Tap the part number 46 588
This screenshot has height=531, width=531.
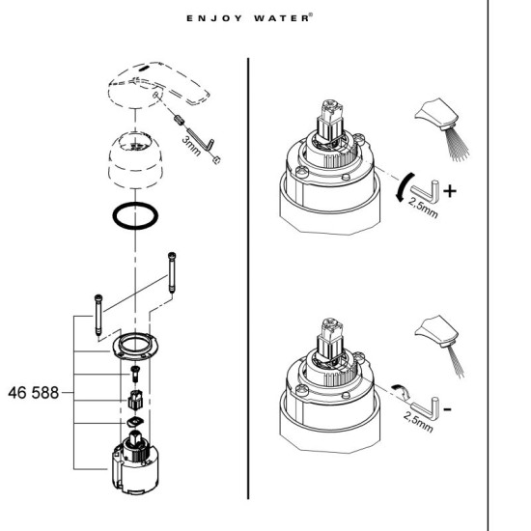coord(33,394)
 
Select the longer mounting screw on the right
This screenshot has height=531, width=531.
coord(171,276)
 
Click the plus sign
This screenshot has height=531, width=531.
coord(450,192)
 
